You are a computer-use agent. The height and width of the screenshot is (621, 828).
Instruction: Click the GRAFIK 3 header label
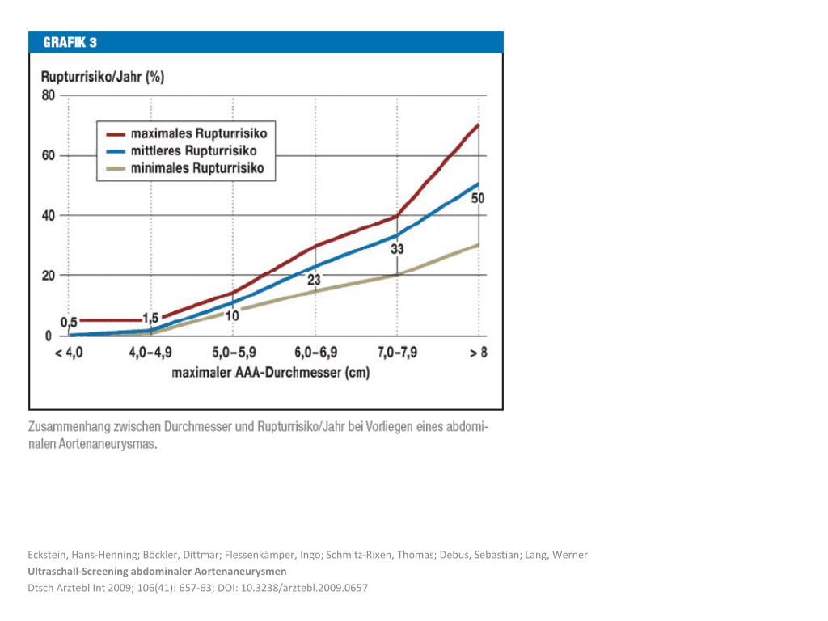coord(70,42)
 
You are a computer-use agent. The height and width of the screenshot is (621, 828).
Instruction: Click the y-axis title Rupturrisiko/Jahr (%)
coord(103,78)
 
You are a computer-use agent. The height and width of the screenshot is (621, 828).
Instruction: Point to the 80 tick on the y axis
coord(48,95)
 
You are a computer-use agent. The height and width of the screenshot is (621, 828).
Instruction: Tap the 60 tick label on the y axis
coord(48,155)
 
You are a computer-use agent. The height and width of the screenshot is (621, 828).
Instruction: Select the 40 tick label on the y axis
coord(48,215)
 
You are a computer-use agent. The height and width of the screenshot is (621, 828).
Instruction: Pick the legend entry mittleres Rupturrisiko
coord(194,151)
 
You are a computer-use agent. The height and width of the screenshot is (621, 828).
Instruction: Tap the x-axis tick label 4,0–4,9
coord(151,353)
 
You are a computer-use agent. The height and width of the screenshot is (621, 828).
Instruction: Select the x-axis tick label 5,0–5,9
coord(233,353)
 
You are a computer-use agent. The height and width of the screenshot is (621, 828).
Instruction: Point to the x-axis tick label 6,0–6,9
coord(315,353)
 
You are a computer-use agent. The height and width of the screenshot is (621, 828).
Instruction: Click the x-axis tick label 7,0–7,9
coord(397,353)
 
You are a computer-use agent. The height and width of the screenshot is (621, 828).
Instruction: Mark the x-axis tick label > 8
coord(478,353)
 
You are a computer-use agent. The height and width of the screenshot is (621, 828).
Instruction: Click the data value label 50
coord(478,198)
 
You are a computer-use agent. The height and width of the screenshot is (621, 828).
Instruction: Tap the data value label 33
coord(397,249)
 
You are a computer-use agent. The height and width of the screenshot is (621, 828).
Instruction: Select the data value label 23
coord(315,280)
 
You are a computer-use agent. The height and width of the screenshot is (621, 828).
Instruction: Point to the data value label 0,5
coord(70,322)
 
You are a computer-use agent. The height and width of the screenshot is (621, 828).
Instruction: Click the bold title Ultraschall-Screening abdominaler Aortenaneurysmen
coord(157,572)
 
